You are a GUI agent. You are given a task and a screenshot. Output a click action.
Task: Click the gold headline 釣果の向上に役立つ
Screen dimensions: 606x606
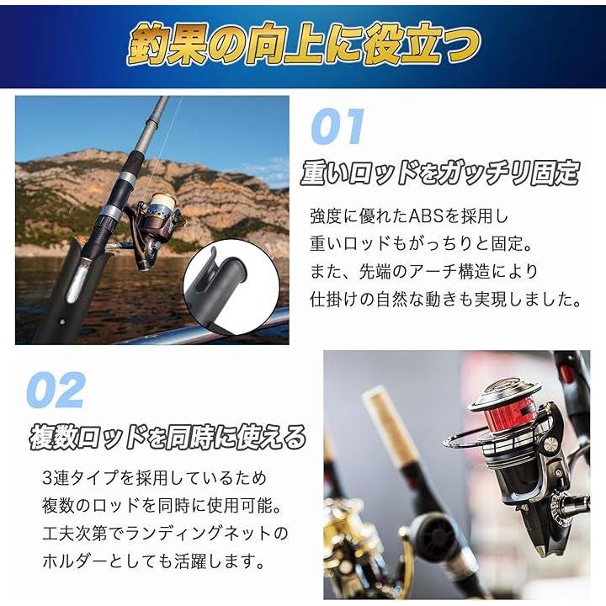tap(304, 45)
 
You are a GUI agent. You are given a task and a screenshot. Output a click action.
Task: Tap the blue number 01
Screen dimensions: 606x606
tap(338, 126)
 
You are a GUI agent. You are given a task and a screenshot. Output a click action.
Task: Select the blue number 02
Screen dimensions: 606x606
tap(56, 390)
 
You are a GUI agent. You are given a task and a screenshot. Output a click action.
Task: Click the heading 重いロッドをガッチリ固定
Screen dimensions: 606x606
tap(440, 173)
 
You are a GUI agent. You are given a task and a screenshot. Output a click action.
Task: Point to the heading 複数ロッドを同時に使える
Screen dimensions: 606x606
tap(167, 438)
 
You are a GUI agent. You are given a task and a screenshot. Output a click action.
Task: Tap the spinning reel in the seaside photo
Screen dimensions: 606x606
tap(158, 228)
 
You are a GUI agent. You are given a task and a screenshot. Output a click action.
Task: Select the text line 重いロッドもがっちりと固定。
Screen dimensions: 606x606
tap(422, 244)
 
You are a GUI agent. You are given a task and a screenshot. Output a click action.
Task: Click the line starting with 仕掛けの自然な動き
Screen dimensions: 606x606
tap(445, 300)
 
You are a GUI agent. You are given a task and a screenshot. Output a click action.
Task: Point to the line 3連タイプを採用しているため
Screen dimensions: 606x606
tap(155, 478)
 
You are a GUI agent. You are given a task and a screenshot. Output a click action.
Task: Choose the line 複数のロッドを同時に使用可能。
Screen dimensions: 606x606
tap(162, 506)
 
